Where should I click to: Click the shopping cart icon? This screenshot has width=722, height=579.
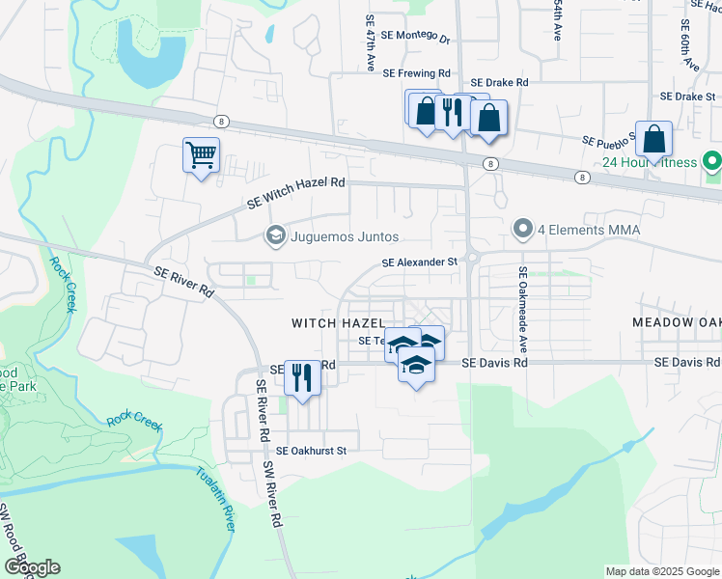click(201, 155)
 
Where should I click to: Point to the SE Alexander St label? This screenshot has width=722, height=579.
click(419, 262)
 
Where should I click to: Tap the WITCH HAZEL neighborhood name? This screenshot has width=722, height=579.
click(339, 322)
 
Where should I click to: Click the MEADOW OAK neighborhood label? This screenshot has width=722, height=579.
click(677, 321)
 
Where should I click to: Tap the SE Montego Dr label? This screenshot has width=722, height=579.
click(416, 36)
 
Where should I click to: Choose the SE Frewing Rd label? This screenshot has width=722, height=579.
click(416, 73)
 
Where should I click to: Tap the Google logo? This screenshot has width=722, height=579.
click(32, 566)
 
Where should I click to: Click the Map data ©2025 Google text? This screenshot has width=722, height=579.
click(661, 571)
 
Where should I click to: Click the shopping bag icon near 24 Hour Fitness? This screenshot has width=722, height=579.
click(654, 140)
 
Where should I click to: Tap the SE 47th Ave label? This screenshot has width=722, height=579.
click(371, 43)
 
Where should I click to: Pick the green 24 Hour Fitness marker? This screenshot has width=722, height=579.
click(712, 161)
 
